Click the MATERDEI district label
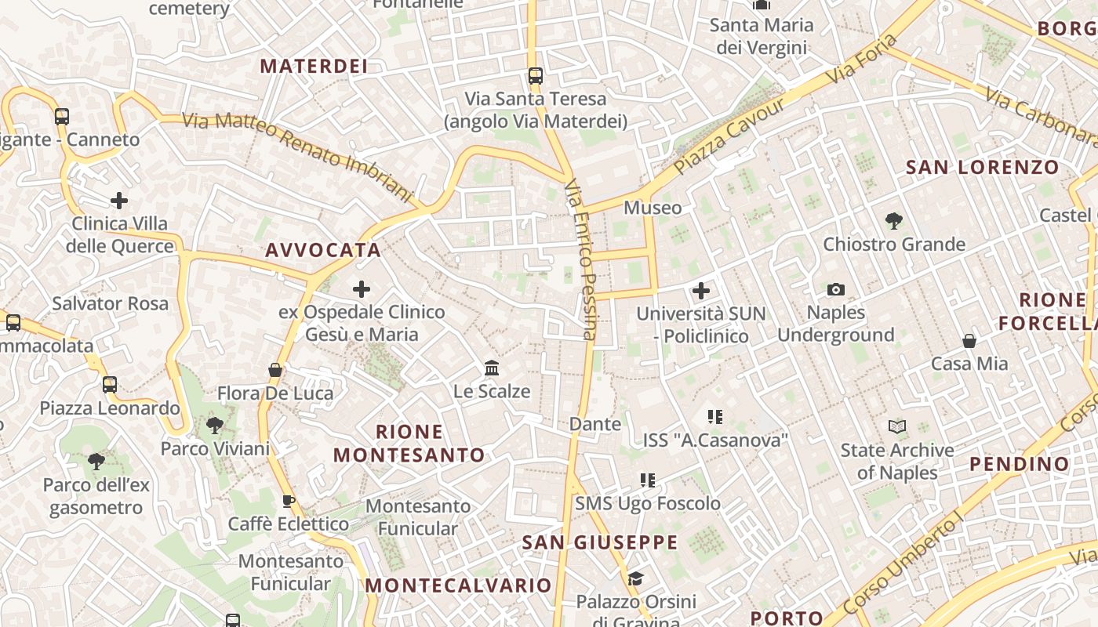click(x=314, y=66)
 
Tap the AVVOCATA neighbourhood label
click(x=322, y=250)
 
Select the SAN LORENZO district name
click(x=982, y=167)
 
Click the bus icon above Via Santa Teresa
click(x=536, y=76)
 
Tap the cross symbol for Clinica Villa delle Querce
click(x=119, y=201)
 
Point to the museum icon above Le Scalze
click(x=492, y=368)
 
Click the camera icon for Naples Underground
click(x=836, y=289)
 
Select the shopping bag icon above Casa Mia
click(x=969, y=341)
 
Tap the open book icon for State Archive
click(x=897, y=427)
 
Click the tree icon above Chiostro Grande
click(x=893, y=221)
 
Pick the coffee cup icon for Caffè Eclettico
click(x=288, y=500)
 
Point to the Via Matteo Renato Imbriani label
click(x=298, y=155)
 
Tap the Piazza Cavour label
click(x=729, y=136)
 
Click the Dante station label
click(x=594, y=424)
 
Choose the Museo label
click(x=653, y=208)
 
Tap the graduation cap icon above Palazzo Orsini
click(x=635, y=578)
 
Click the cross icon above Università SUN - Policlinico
click(x=701, y=291)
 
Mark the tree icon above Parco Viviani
click(x=214, y=426)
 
